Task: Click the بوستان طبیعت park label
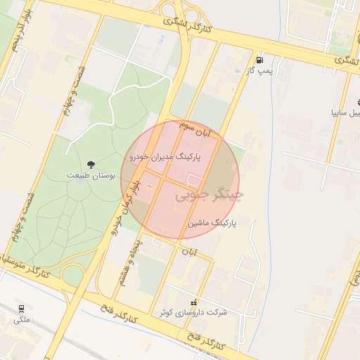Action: click(87, 174)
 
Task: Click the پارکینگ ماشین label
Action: click(212, 223)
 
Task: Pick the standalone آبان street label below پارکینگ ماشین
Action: click(191, 251)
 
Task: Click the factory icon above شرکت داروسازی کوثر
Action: click(194, 302)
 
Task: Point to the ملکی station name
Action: click(22, 320)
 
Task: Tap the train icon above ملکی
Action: click(22, 309)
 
